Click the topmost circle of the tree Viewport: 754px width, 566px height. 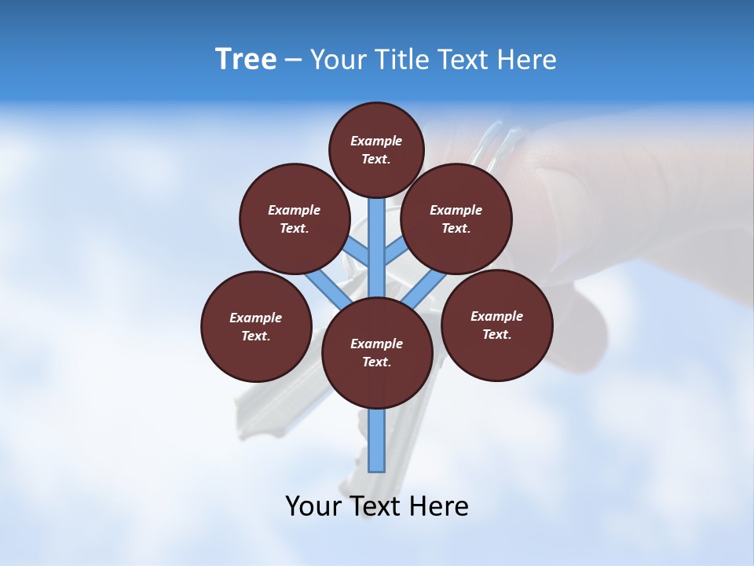(376, 149)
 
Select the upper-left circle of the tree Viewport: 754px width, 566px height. (294, 219)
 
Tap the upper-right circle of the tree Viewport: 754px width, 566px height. (456, 219)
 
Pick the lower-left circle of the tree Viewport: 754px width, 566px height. (255, 326)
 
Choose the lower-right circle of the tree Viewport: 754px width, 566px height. (496, 325)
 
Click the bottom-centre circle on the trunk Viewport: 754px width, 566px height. (377, 352)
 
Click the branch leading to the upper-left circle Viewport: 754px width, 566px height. (358, 253)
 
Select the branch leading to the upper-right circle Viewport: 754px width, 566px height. (395, 253)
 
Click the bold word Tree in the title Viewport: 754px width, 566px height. (246, 59)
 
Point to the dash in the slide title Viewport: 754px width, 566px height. (293, 60)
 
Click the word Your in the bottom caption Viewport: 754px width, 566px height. (313, 505)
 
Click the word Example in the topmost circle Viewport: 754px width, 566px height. (376, 141)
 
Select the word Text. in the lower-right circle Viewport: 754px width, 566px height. (496, 334)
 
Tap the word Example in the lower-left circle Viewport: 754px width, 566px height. (255, 318)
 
